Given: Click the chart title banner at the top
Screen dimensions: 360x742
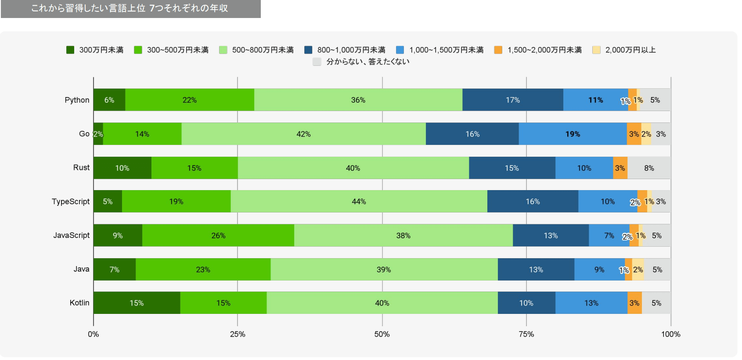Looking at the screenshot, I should pyautogui.click(x=130, y=9).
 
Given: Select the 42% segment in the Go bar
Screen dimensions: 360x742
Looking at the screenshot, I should pyautogui.click(x=303, y=134).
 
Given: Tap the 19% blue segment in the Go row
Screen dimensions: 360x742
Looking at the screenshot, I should pyautogui.click(x=573, y=134).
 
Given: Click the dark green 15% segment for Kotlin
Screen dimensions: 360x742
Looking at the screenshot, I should pyautogui.click(x=137, y=303).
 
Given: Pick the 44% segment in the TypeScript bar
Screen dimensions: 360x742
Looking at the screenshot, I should pyautogui.click(x=359, y=202).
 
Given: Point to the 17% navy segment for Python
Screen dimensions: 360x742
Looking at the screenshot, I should pyautogui.click(x=512, y=100).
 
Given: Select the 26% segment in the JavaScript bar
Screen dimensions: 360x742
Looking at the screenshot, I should pyautogui.click(x=218, y=236).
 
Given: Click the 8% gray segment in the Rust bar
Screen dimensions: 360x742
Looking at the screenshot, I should pyautogui.click(x=649, y=168).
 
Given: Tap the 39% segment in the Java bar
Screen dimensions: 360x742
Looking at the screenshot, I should pyautogui.click(x=384, y=270).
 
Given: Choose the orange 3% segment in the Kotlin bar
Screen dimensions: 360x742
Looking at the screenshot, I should pyautogui.click(x=634, y=303).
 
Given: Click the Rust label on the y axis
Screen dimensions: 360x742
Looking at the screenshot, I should pyautogui.click(x=81, y=168).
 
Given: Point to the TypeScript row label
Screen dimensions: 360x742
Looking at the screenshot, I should pyautogui.click(x=71, y=202).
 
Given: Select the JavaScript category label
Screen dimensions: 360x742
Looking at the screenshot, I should pyautogui.click(x=72, y=235).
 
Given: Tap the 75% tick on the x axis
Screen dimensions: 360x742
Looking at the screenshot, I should pyautogui.click(x=526, y=334).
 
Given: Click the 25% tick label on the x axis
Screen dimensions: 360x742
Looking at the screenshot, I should pyautogui.click(x=238, y=334).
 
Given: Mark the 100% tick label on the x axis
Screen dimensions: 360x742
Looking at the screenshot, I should pyautogui.click(x=670, y=334).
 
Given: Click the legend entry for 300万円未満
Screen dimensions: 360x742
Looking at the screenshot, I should pyautogui.click(x=95, y=50).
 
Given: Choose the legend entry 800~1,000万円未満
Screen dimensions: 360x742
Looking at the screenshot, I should pyautogui.click(x=345, y=50).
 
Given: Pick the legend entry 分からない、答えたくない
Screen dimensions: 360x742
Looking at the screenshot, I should pyautogui.click(x=361, y=62).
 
